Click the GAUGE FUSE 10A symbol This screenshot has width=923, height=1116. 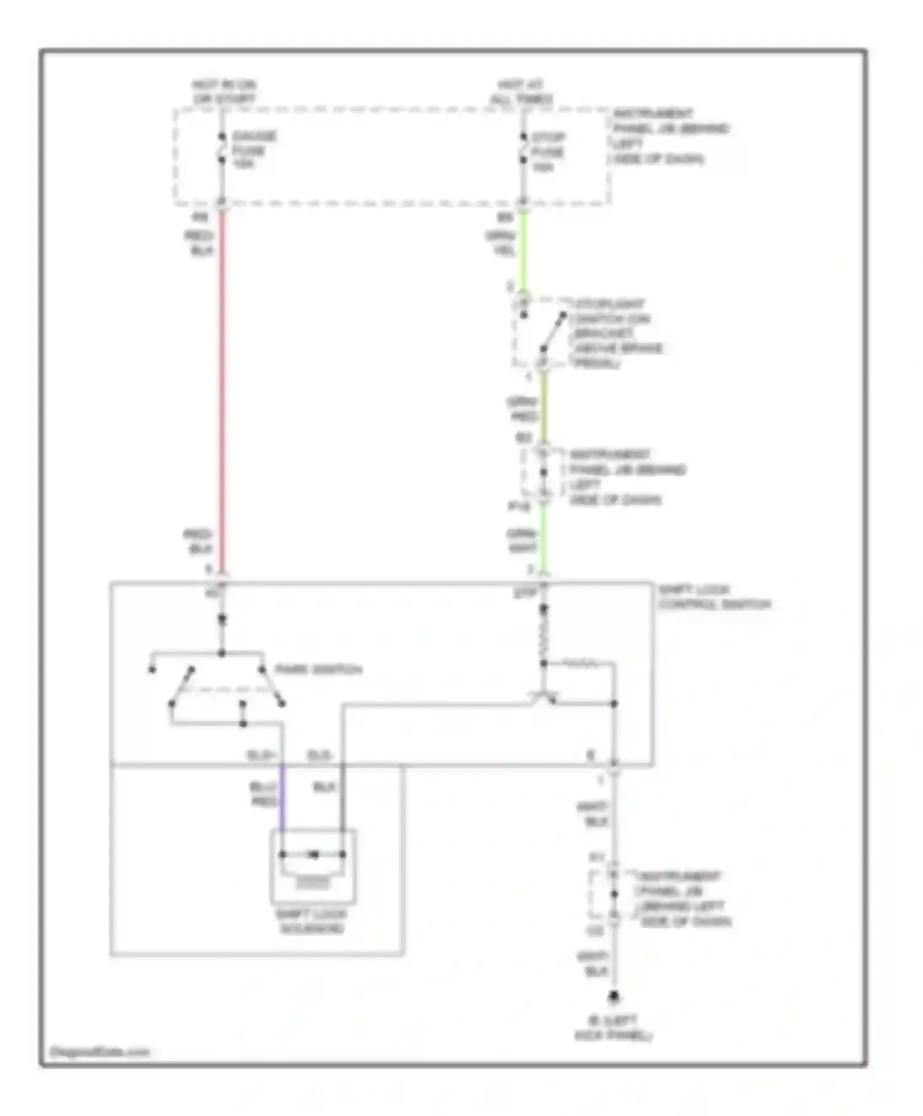click(222, 148)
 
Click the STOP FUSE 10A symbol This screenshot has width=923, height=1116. click(523, 148)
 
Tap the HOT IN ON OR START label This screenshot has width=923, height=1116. click(224, 91)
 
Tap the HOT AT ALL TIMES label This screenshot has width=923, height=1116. click(522, 92)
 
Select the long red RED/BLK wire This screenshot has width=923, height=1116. click(222, 394)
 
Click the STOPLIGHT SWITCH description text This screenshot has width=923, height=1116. click(615, 333)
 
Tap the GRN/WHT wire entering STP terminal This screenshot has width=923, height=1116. click(543, 538)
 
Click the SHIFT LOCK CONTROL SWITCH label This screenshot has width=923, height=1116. click(714, 597)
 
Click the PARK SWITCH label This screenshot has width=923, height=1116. click(318, 669)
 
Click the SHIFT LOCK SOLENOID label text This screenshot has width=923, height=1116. click(312, 921)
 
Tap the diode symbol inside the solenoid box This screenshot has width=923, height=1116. click(313, 855)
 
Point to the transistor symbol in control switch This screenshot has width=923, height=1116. click(544, 698)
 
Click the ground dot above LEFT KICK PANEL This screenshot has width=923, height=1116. click(613, 996)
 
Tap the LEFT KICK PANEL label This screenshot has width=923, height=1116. click(613, 1028)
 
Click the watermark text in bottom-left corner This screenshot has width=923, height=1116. click(100, 1051)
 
